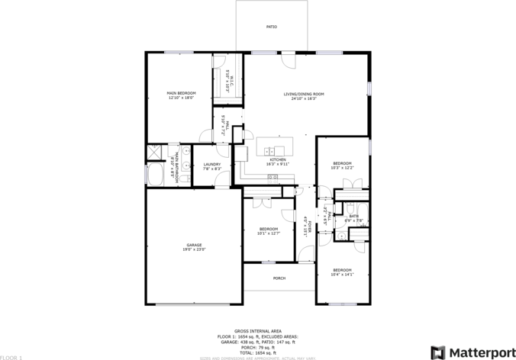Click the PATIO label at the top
[x=271, y=27]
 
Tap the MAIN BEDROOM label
[x=181, y=93]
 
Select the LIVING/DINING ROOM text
[x=304, y=94]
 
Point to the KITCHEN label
[x=277, y=159]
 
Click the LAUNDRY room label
[x=212, y=164]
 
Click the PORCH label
[x=279, y=278]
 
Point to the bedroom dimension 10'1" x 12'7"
[x=268, y=233]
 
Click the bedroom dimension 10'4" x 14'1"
[x=342, y=275]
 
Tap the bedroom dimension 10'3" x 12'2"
[x=342, y=168]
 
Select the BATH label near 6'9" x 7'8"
[x=354, y=217]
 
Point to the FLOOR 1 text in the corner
[x=11, y=356]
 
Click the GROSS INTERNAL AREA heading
[x=257, y=331]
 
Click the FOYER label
[x=308, y=227]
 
